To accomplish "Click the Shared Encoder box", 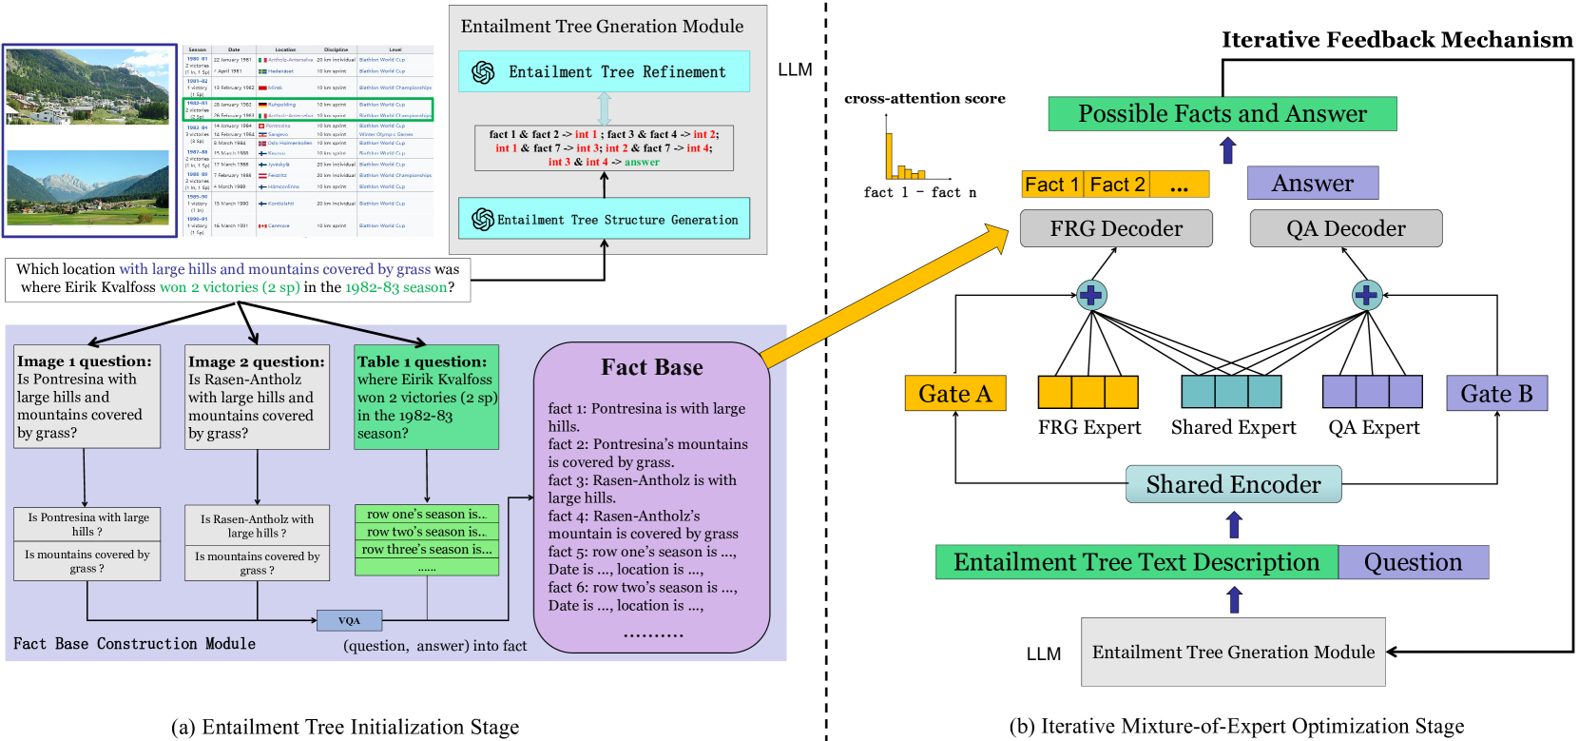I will (x=1233, y=484).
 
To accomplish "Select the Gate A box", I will (x=954, y=394).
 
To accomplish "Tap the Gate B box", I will (x=1496, y=394).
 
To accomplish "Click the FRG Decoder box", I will (x=1116, y=228).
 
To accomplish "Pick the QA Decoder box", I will (x=1345, y=228).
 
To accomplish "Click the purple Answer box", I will (x=1312, y=183).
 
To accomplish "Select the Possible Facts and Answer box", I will (x=1223, y=114).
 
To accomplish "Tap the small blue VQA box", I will (x=349, y=621).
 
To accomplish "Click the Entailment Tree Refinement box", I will (x=604, y=72).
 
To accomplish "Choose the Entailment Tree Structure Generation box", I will (x=604, y=219).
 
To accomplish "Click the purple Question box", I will (x=1413, y=562).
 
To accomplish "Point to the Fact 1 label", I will (x=1051, y=185).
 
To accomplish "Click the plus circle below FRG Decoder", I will (x=1090, y=295).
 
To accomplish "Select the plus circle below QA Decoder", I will (x=1366, y=295).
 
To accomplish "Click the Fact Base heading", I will (x=652, y=368).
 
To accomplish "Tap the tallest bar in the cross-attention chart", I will (x=890, y=157).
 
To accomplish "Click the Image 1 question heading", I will (x=84, y=361).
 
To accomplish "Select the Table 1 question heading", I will (x=421, y=361).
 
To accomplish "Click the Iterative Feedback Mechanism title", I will (x=1396, y=40).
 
